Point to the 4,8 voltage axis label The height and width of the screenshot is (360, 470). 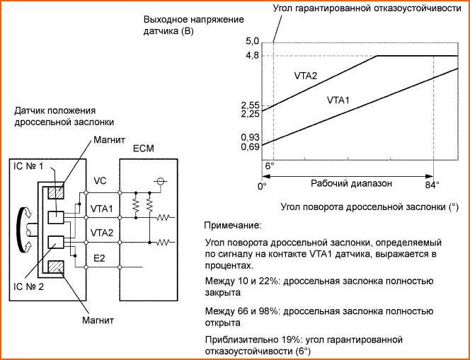click(252, 55)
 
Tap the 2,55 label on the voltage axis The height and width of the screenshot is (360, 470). click(250, 105)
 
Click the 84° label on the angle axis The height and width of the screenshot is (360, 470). click(432, 185)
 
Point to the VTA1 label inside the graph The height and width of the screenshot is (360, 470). click(339, 100)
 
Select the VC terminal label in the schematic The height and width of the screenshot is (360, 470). click(100, 181)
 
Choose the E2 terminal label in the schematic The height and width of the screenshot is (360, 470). click(100, 258)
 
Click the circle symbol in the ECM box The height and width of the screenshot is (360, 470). click(161, 181)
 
